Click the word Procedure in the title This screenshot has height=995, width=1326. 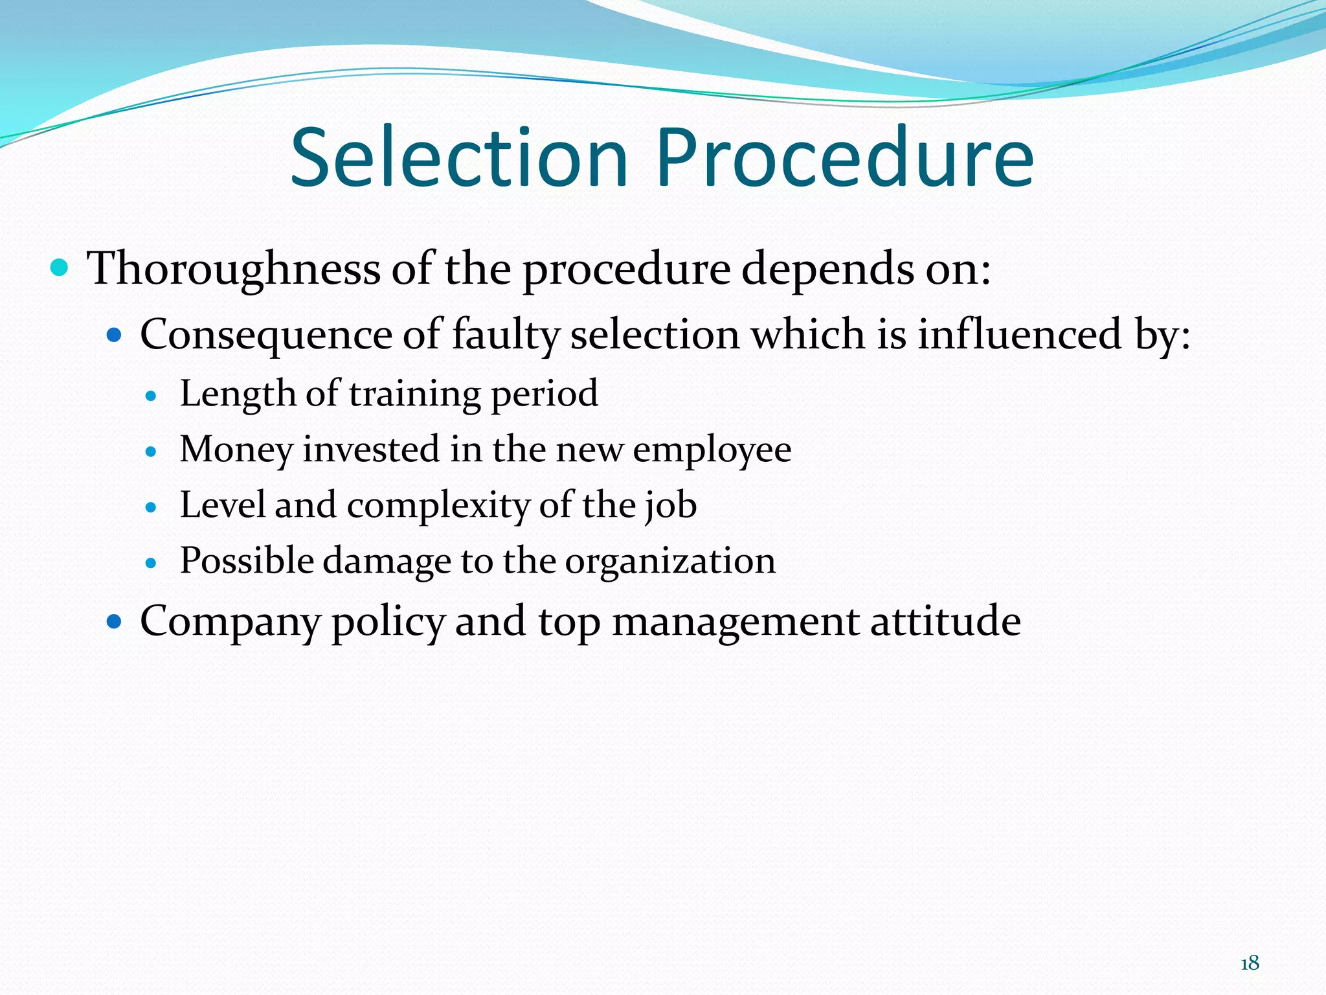coord(845,158)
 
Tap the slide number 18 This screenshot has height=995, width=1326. coord(1250,963)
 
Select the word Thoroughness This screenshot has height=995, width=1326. coord(233,268)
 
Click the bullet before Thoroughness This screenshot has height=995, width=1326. coord(59,267)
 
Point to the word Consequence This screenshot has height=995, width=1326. coord(266,335)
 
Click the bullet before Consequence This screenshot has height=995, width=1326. coord(114,335)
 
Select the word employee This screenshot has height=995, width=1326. coord(712,450)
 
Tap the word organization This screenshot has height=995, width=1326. coord(670,561)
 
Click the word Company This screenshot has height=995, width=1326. coord(230,622)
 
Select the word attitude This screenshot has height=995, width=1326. coord(945,621)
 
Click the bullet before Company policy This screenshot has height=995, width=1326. coord(114,622)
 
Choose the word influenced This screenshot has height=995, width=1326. coord(1020,335)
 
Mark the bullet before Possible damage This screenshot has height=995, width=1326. coord(152,563)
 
